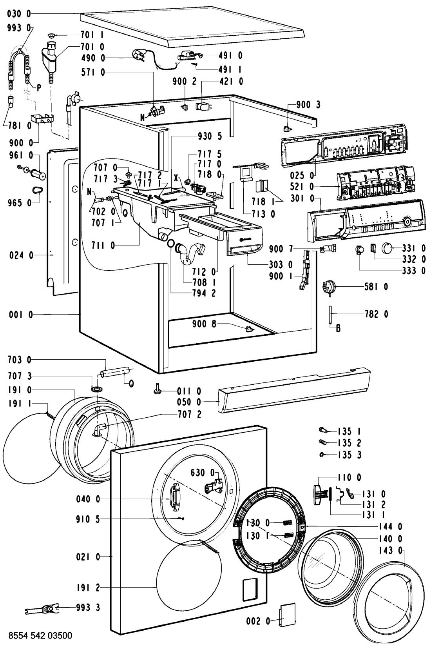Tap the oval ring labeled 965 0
[x=37, y=190]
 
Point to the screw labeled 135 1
[x=324, y=431]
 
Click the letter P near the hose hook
[x=38, y=88]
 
